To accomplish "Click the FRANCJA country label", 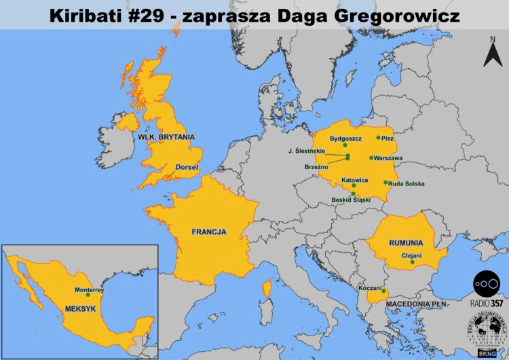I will pos(208,232).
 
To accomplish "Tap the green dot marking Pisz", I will pos(379,138).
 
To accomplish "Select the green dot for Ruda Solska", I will pos(385,182).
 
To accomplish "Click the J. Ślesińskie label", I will pos(307,150).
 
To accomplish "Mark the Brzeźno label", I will pos(317,165).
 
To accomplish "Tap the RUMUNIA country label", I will pos(406,242).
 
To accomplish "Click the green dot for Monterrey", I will pos(88,295).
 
